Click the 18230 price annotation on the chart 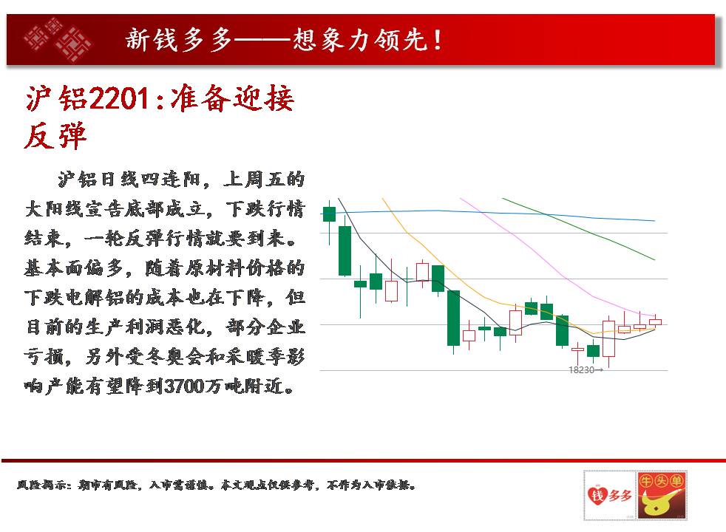pos(586,370)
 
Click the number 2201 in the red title pos(119,98)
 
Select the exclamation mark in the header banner pos(437,40)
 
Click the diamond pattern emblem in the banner pos(58,39)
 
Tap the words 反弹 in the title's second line pos(55,136)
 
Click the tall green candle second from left pos(345,250)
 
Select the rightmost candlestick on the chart pos(655,321)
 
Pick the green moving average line pos(579,228)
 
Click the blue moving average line pos(489,213)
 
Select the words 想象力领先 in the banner pos(360,40)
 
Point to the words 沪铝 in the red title pos(56,98)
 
